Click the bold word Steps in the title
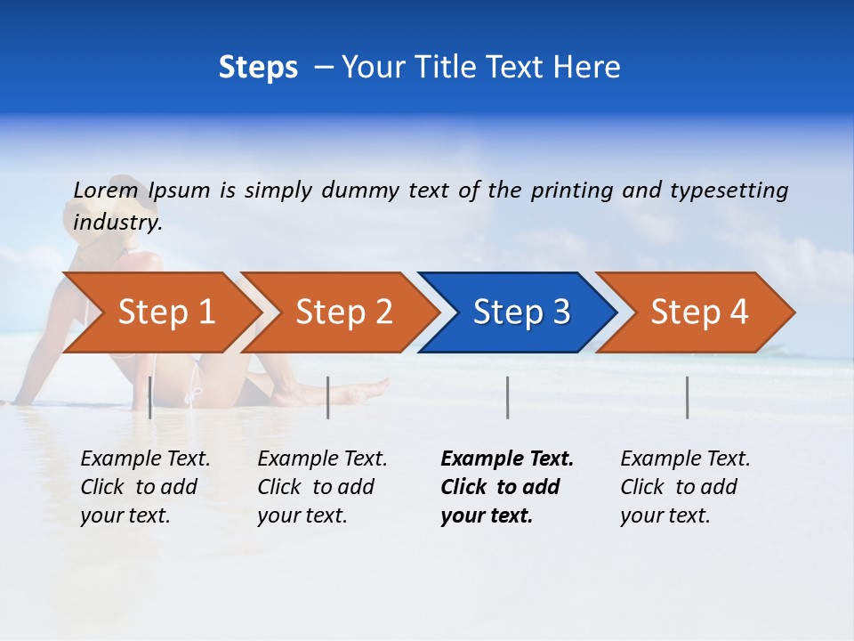(x=258, y=68)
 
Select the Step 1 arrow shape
(x=165, y=312)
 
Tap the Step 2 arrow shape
(x=343, y=312)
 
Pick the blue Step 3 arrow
(x=521, y=312)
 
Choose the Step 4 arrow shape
(x=699, y=312)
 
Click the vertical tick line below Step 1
(x=150, y=397)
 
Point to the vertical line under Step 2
(x=328, y=397)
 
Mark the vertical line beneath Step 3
(x=508, y=397)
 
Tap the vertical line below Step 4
(x=688, y=397)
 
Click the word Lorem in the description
(x=106, y=190)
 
